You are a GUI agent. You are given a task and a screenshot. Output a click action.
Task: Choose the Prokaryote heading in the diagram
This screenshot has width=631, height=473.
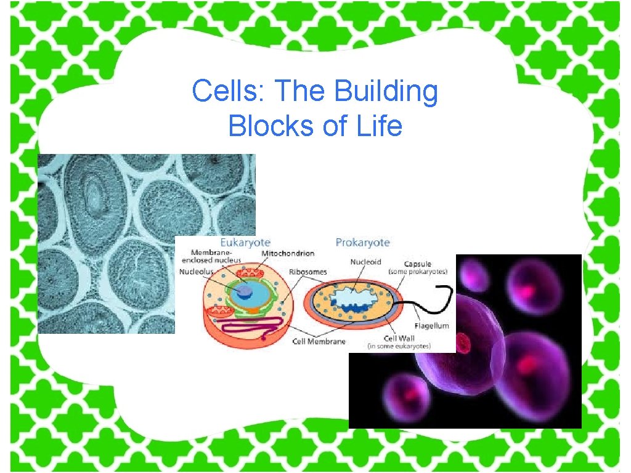coord(362,242)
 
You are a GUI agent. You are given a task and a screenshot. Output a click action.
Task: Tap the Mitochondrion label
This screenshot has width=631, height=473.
coord(288,253)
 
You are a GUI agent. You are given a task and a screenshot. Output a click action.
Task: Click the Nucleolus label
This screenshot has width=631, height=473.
coord(197,271)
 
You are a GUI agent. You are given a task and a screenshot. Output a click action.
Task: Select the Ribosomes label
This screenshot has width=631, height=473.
coord(308,271)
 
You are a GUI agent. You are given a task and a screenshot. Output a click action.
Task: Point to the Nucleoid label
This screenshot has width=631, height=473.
coord(366,262)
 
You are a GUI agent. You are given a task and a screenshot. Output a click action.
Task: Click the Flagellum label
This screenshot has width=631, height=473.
coord(431,325)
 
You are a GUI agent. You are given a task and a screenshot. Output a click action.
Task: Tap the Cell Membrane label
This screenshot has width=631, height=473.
coord(319,341)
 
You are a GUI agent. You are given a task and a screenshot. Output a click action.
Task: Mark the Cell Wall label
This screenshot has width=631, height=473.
coord(399,338)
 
